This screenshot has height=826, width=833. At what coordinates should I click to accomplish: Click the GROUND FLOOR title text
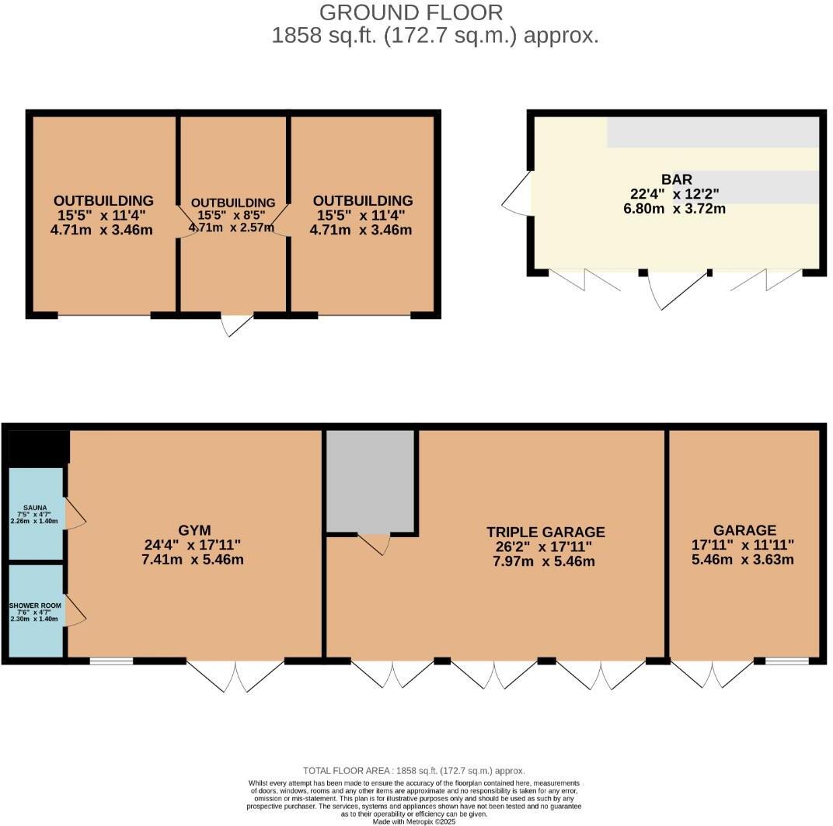click(411, 12)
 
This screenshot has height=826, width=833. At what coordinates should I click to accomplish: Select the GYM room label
click(193, 531)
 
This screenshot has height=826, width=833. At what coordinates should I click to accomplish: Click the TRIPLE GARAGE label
click(545, 532)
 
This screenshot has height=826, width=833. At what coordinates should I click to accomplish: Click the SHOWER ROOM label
click(35, 605)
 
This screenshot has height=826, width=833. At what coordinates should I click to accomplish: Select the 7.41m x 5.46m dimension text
click(193, 560)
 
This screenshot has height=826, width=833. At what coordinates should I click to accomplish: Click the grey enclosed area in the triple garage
click(371, 481)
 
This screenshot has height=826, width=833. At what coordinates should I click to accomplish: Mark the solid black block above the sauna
click(37, 446)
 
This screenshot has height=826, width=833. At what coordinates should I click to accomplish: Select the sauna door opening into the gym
click(75, 513)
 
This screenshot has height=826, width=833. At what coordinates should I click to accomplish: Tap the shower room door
click(75, 610)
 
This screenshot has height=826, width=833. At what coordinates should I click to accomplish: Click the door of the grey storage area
click(374, 543)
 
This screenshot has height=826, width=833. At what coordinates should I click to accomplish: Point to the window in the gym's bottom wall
click(111, 661)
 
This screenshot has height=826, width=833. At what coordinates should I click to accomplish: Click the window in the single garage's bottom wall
click(786, 661)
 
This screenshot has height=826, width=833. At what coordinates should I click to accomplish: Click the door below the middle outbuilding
click(237, 324)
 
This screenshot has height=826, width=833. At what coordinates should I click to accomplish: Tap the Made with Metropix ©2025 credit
click(413, 821)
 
